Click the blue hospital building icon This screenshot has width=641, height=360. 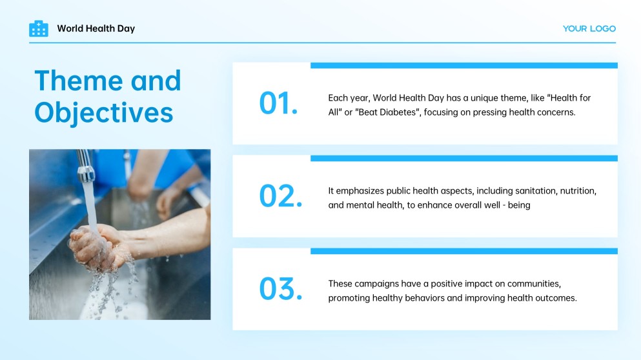pos(39,28)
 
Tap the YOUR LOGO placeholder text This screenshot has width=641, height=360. pos(589,28)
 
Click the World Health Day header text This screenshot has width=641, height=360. pos(96,28)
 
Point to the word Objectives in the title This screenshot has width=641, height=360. pos(104,113)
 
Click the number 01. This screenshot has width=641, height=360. pos(278,103)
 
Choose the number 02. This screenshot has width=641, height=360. pos(281,195)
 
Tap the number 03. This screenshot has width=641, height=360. pos(281,289)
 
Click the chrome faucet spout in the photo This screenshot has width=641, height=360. pos(85,166)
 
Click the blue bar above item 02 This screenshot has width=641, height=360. pos(464,158)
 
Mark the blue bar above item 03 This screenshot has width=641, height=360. pos(464,251)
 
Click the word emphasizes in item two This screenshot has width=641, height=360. pos(360,191)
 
